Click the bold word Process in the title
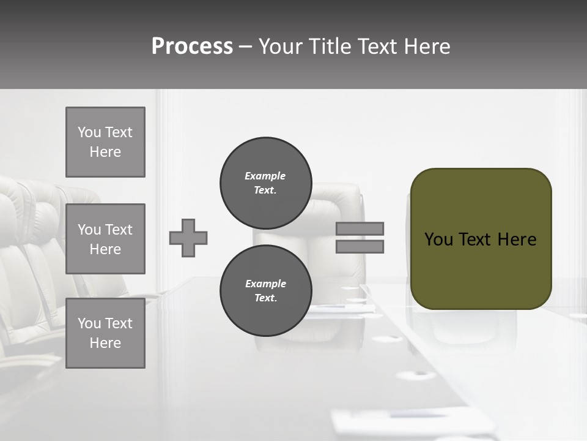[x=192, y=47]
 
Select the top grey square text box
[x=105, y=142]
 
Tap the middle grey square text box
[x=105, y=239]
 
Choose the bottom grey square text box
[x=105, y=333]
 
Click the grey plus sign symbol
[x=188, y=238]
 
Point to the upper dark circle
[x=266, y=183]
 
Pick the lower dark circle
[x=266, y=290]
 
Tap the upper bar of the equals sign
[x=360, y=228]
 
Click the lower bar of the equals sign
[x=360, y=246]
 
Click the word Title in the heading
[x=330, y=47]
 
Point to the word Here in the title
[x=426, y=47]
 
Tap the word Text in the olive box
[x=475, y=239]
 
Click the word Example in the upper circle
[x=265, y=176]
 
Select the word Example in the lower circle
[x=265, y=284]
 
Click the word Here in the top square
[x=105, y=152]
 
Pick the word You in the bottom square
[x=89, y=323]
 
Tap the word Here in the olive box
[x=517, y=239]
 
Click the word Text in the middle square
[x=119, y=230]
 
